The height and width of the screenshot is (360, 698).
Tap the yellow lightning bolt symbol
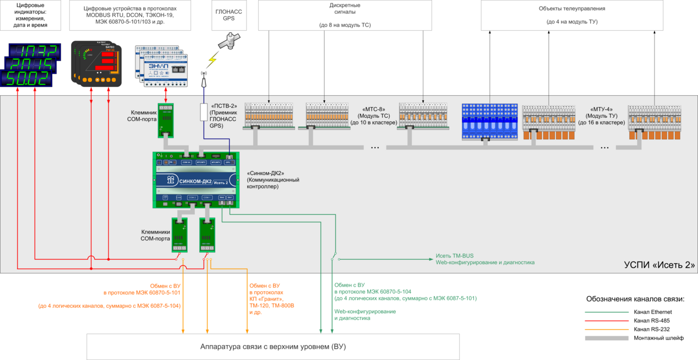(212, 59)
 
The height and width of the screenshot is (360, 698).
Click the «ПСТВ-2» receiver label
(223, 116)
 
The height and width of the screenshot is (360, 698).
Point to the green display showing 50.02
(28, 79)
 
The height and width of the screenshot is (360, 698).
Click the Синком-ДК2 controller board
(196, 181)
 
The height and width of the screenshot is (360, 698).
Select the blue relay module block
(489, 121)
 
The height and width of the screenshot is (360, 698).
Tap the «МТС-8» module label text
(373, 116)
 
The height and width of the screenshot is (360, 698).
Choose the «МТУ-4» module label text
(601, 116)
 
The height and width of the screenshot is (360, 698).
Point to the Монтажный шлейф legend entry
(658, 338)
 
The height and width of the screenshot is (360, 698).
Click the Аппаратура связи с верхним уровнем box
(273, 346)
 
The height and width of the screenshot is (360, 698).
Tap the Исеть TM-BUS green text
(454, 255)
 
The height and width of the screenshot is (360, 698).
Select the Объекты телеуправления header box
(572, 15)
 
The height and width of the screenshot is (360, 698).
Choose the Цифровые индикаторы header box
(31, 15)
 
